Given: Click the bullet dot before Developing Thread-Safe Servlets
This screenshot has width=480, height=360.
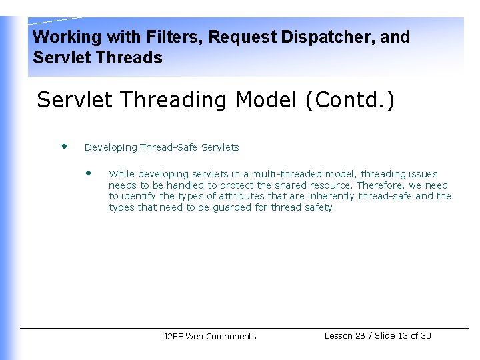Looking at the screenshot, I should pyautogui.click(x=64, y=146).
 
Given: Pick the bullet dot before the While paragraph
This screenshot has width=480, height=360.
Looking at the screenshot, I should pyautogui.click(x=88, y=173).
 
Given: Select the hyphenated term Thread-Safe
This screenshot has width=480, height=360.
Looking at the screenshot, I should pyautogui.click(x=169, y=147).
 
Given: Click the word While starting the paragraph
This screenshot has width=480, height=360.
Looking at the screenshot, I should pyautogui.click(x=122, y=174).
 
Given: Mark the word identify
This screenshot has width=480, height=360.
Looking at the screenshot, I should pyautogui.click(x=139, y=196).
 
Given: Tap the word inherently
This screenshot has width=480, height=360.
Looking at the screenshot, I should pyautogui.click(x=331, y=196).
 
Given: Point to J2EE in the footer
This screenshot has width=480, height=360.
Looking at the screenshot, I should pyautogui.click(x=173, y=337).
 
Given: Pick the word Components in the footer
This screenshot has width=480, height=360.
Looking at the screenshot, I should pyautogui.click(x=231, y=337).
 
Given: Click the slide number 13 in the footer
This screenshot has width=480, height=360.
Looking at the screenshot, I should pyautogui.click(x=403, y=336).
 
